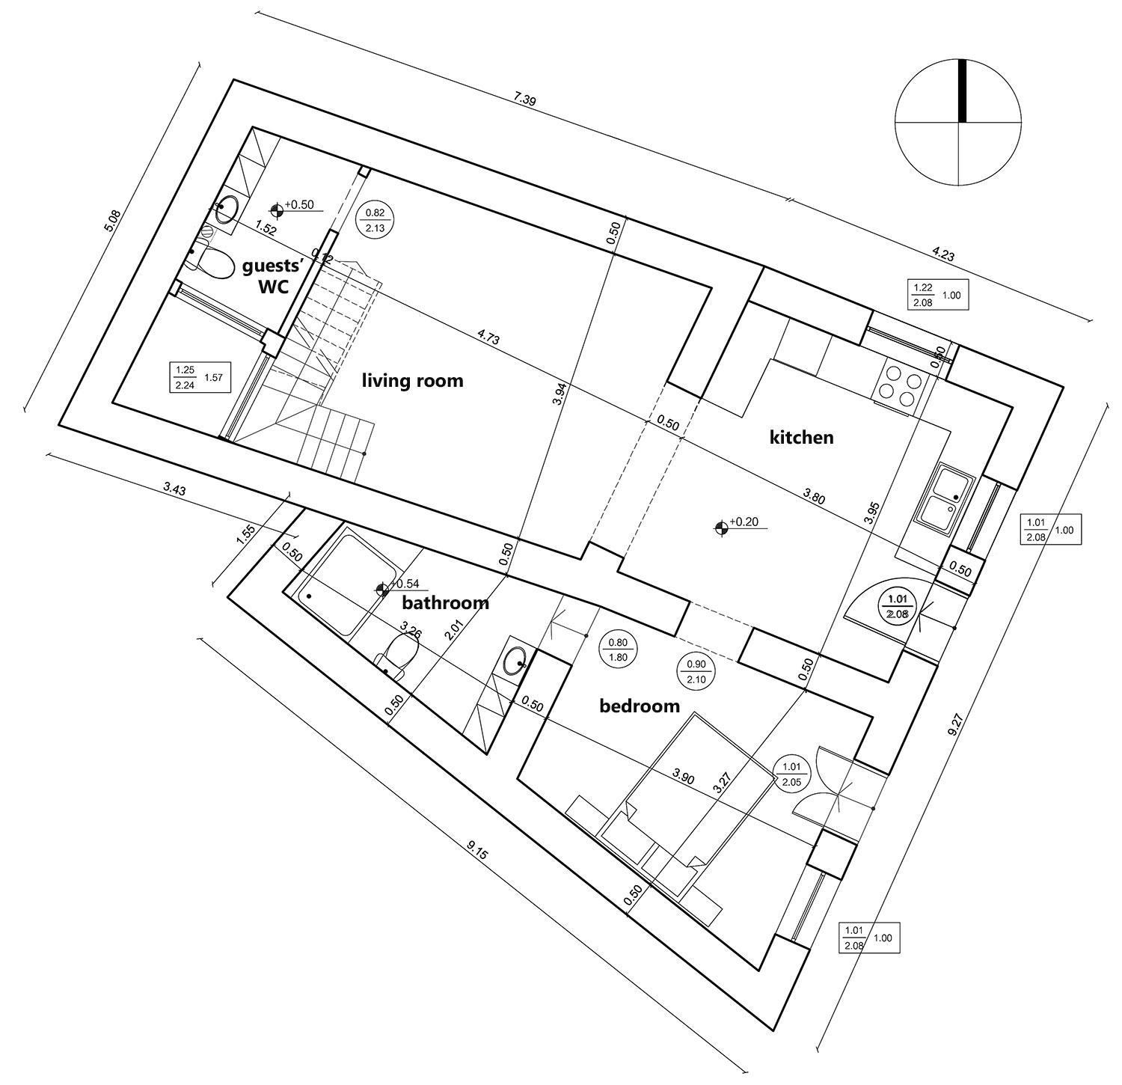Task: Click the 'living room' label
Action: (412, 381)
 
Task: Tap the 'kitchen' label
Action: (801, 437)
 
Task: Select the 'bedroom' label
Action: (640, 705)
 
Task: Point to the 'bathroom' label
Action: (445, 602)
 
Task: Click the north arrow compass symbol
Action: (958, 122)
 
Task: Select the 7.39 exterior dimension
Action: (526, 99)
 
